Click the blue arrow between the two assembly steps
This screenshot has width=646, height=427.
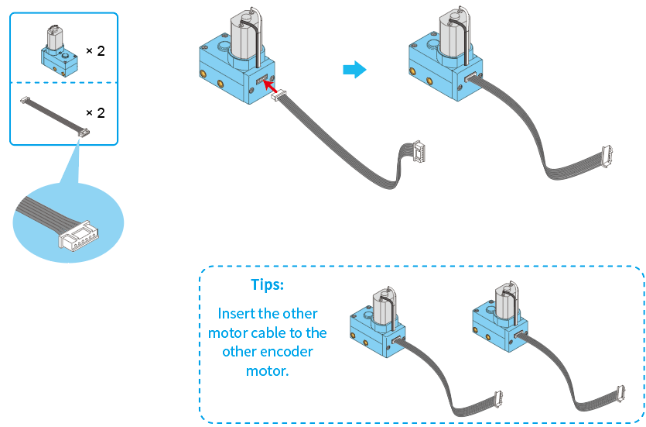pyautogui.click(x=354, y=70)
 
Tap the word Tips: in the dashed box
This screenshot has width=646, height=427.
pyautogui.click(x=267, y=284)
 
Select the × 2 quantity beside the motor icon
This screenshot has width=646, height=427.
pyautogui.click(x=95, y=50)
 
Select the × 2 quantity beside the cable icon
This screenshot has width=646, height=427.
pyautogui.click(x=95, y=112)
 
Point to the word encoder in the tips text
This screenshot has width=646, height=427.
pyautogui.click(x=287, y=351)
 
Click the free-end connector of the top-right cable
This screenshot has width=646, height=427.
pyautogui.click(x=607, y=157)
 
